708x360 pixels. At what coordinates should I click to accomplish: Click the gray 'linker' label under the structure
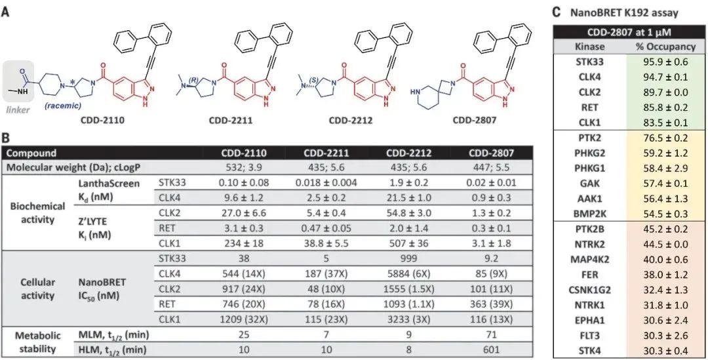coord(18,110)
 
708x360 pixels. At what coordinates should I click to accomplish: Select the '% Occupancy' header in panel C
coord(665,47)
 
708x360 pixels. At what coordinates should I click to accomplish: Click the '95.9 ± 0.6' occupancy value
coord(665,62)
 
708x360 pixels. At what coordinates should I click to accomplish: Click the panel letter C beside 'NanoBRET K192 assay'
coord(556,11)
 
